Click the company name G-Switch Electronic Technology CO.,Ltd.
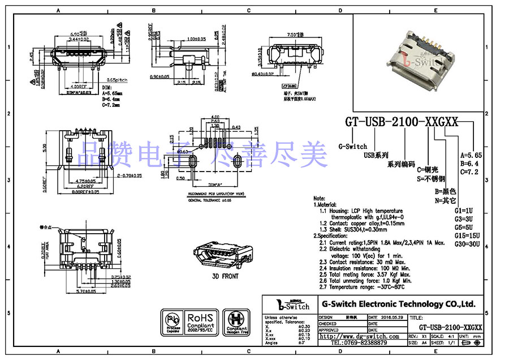(x=398, y=304)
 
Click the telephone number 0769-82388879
(x=359, y=343)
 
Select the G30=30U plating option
(x=467, y=244)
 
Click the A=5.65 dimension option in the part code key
(x=471, y=155)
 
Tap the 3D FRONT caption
(x=225, y=276)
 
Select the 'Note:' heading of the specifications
(x=319, y=199)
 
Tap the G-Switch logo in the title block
(x=291, y=305)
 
